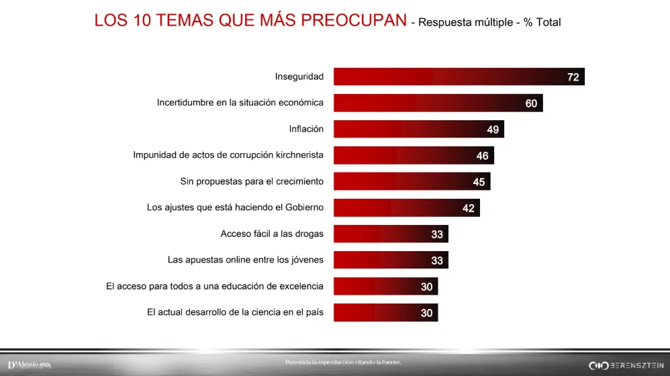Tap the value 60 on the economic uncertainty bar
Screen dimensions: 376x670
531,103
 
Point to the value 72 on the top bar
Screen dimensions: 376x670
573,77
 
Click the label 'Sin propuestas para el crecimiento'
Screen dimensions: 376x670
252,181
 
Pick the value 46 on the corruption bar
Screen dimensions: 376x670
482,156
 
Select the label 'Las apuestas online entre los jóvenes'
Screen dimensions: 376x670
245,260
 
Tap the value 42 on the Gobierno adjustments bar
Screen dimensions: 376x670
468,208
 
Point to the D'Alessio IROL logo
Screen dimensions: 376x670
30,365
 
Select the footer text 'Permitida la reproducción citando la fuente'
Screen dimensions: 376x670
343,362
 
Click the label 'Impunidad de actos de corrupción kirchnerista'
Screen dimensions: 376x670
228,155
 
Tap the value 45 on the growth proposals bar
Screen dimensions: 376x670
479,182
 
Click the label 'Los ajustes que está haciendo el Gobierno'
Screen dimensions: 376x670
235,207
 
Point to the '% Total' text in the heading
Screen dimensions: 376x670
542,22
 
